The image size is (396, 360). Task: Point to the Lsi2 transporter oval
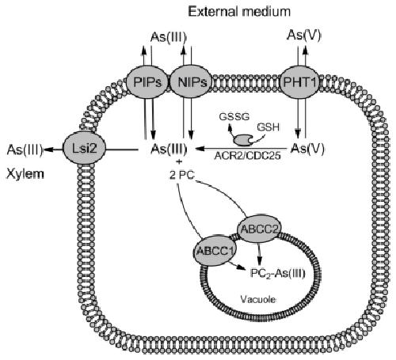pos(84,149)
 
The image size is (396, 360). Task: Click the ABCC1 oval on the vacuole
pos(215,251)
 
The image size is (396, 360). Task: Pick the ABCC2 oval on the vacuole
pos(259,229)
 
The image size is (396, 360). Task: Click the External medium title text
pos(239,12)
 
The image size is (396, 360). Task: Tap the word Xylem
pos(25,175)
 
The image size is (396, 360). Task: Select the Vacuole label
pos(258,299)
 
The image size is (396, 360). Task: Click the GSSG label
pos(234,116)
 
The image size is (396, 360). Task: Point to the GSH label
pos(268,127)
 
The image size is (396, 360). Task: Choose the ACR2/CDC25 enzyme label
pos(247,156)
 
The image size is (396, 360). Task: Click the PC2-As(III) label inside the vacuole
pos(277,274)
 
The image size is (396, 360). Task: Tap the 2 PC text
pos(182,175)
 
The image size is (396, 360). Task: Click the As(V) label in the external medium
pos(304,36)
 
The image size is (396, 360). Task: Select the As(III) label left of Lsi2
pos(25,150)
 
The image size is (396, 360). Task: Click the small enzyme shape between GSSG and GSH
pos(242,139)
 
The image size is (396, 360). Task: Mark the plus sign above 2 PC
pos(181,161)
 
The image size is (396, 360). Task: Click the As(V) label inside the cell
pos(307,149)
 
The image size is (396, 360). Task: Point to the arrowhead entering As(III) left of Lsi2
pos(48,150)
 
